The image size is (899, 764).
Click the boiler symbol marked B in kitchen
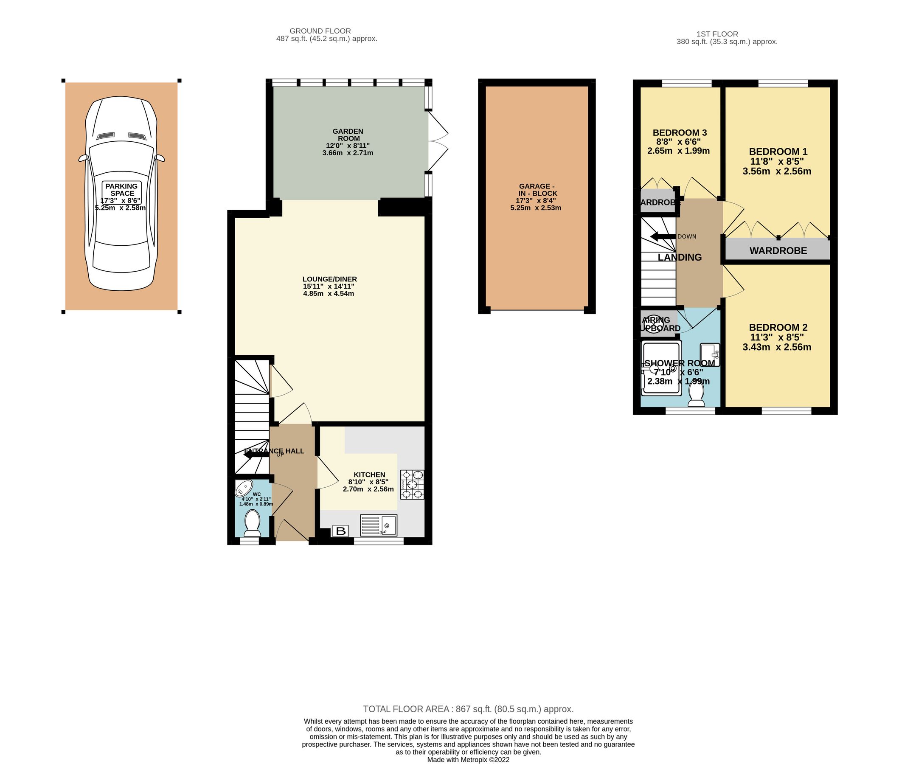[340, 531]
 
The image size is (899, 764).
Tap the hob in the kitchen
[412, 485]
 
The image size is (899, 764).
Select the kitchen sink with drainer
[379, 525]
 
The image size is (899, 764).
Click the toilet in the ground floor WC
[252, 523]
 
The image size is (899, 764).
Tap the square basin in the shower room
[709, 355]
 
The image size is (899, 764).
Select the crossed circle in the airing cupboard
[654, 324]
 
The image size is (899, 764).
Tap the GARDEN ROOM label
[348, 135]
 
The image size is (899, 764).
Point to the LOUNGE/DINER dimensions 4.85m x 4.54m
[329, 294]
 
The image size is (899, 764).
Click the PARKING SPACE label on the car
[122, 190]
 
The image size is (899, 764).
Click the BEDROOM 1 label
[778, 152]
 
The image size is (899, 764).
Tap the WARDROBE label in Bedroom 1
[778, 251]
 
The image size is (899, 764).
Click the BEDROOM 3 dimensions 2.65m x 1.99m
[678, 151]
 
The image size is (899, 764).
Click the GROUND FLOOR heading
[320, 31]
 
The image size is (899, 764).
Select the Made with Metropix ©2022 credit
[468, 760]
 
